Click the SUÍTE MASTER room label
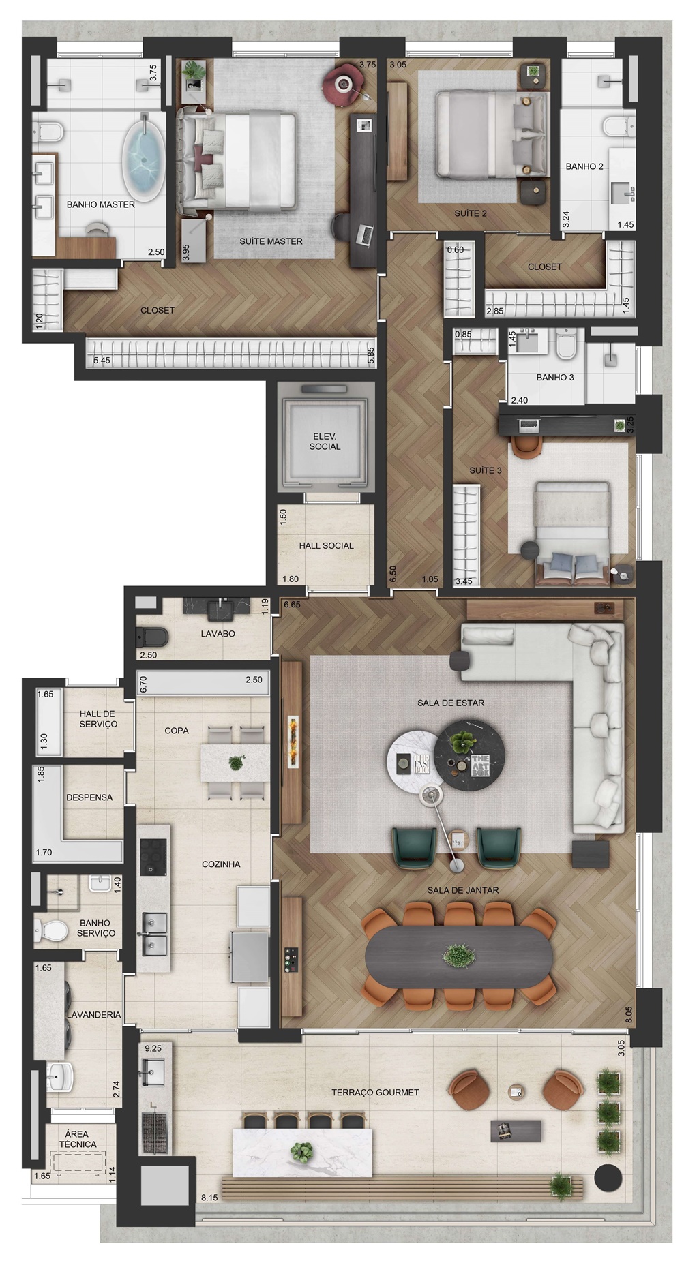click(x=271, y=241)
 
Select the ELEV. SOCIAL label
click(x=325, y=441)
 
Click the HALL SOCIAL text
click(x=326, y=545)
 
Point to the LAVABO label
click(x=218, y=634)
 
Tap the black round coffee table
click(x=470, y=755)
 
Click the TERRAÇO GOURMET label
click(x=375, y=1092)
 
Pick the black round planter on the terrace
click(x=608, y=1176)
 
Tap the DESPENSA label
click(x=89, y=797)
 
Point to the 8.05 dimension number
click(x=629, y=1014)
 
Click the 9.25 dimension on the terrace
click(x=153, y=1048)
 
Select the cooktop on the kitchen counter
click(x=153, y=857)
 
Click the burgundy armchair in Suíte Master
click(x=344, y=85)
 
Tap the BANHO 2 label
click(x=584, y=166)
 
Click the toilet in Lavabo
click(x=151, y=637)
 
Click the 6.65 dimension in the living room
click(x=292, y=605)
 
